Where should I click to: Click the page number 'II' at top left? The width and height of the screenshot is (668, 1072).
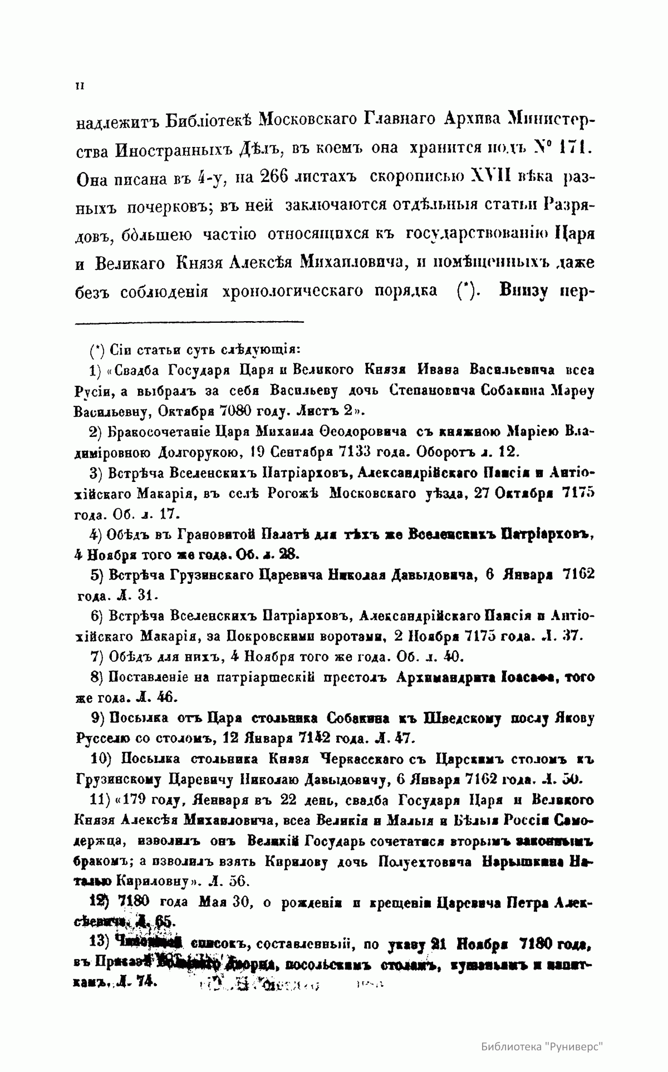click(78, 86)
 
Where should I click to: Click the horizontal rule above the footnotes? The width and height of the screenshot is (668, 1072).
click(189, 321)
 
